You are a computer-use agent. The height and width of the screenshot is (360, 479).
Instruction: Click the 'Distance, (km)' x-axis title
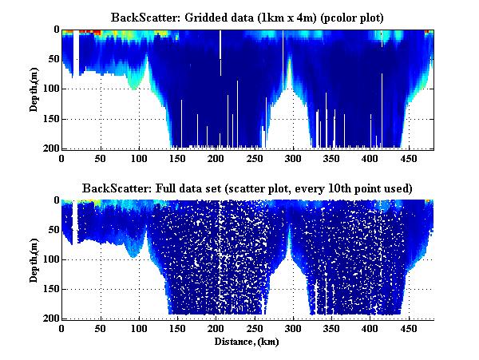click(x=247, y=342)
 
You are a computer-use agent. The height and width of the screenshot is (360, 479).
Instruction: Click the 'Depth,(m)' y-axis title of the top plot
click(x=35, y=89)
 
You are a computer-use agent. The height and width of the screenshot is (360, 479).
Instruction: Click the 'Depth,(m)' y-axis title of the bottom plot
click(x=35, y=259)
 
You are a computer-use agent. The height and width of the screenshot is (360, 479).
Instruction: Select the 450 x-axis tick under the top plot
click(x=409, y=158)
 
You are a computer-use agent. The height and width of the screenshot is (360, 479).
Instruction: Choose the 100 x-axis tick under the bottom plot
click(x=139, y=328)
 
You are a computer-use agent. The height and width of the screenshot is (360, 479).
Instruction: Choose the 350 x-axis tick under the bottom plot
click(x=332, y=328)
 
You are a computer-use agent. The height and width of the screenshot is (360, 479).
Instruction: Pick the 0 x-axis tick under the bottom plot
click(x=62, y=328)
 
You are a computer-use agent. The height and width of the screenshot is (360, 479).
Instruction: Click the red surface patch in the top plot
click(x=95, y=32)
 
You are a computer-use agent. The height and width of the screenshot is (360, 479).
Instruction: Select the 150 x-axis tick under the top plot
click(x=177, y=158)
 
